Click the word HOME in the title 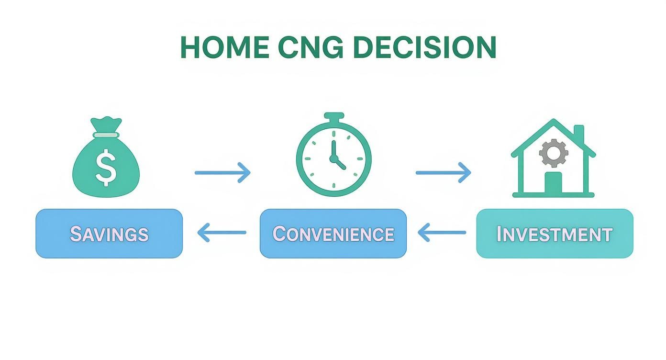[224, 47]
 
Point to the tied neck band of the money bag [106, 135]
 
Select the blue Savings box [109, 234]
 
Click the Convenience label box [333, 234]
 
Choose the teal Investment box [555, 234]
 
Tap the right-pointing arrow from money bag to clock [222, 172]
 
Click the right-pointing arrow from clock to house [443, 172]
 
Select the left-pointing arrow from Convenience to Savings [222, 233]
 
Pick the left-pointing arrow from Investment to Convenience [442, 233]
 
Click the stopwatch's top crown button [333, 117]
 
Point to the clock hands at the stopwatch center [334, 158]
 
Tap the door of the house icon [553, 183]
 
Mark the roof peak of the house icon [554, 121]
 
